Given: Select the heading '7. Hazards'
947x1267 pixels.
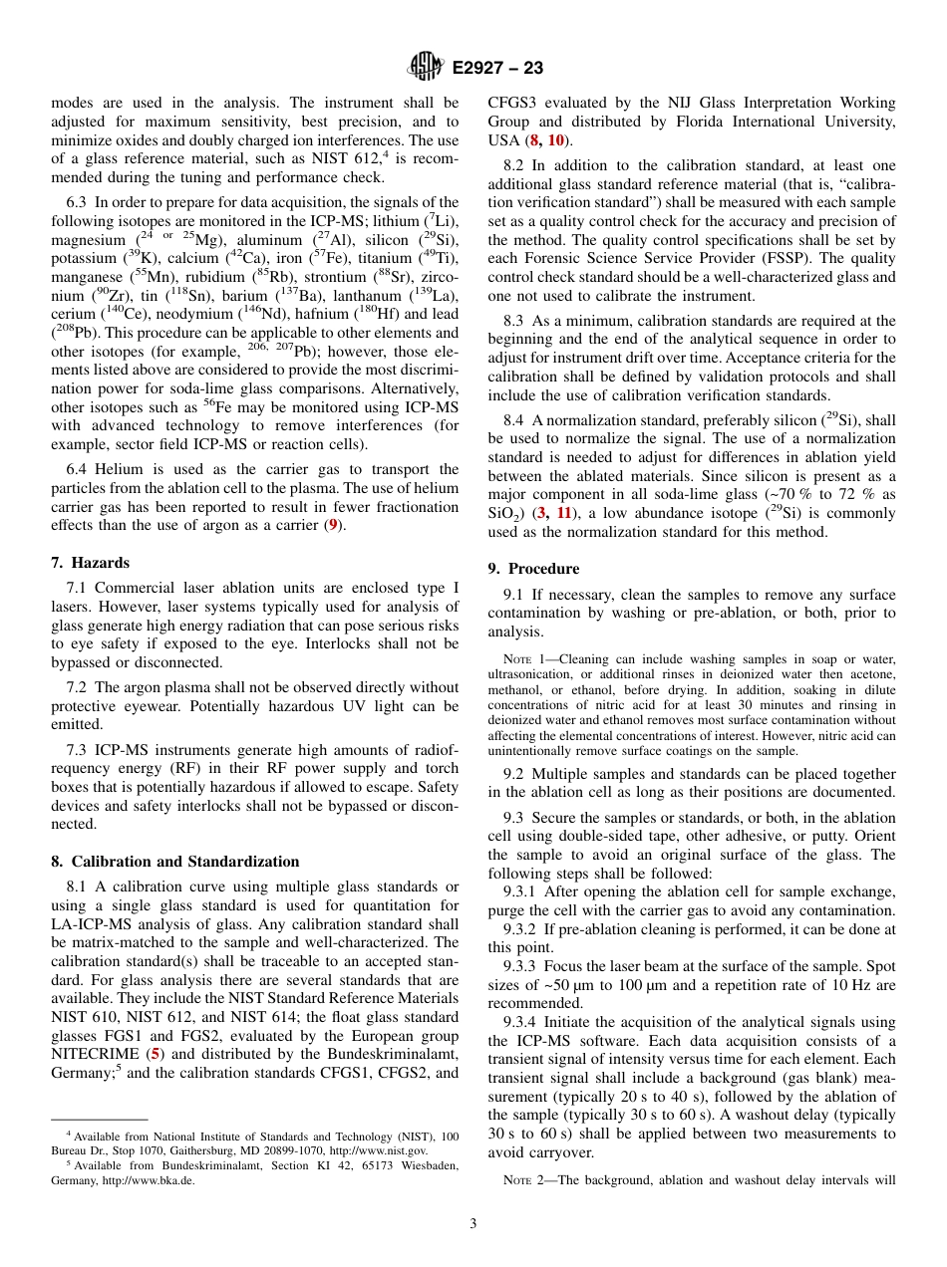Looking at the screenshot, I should (x=91, y=563).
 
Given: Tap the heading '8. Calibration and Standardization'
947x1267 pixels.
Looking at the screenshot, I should (x=175, y=862).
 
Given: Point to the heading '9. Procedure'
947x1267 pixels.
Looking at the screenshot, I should (x=533, y=569).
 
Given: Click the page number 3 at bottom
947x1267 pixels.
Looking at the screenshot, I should (x=473, y=1223).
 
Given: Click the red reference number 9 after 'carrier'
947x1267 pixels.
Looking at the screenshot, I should (x=335, y=525).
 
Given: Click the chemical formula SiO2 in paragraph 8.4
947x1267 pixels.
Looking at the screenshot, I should (x=503, y=514).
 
